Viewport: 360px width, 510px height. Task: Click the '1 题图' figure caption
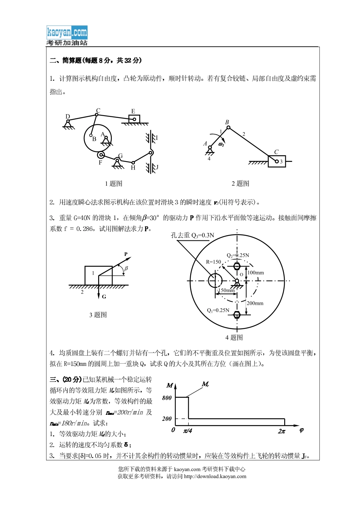tap(113, 184)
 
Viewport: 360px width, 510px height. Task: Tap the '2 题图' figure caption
tap(240, 184)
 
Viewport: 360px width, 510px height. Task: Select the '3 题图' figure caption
tap(98, 315)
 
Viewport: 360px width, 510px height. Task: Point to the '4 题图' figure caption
tap(234, 337)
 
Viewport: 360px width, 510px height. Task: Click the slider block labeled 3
tap(277, 162)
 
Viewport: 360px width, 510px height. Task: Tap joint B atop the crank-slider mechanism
tap(228, 127)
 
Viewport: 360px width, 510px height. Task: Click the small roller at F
tap(101, 155)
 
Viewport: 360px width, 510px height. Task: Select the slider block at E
tap(134, 119)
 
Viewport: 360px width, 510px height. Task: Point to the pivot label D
tap(68, 116)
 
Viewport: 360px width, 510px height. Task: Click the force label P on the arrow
tap(126, 254)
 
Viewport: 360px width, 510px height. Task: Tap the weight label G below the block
tap(104, 297)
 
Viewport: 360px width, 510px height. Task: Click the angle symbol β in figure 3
tap(126, 268)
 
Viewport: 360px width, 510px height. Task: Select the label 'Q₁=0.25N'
tap(218, 310)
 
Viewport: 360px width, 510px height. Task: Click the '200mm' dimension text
tap(255, 303)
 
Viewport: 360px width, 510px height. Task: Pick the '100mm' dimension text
tap(255, 273)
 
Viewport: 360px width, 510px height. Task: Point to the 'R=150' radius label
tap(213, 262)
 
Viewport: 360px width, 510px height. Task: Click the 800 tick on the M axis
tap(167, 398)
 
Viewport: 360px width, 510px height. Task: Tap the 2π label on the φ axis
tap(282, 431)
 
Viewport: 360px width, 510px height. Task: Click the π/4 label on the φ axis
tap(188, 431)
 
